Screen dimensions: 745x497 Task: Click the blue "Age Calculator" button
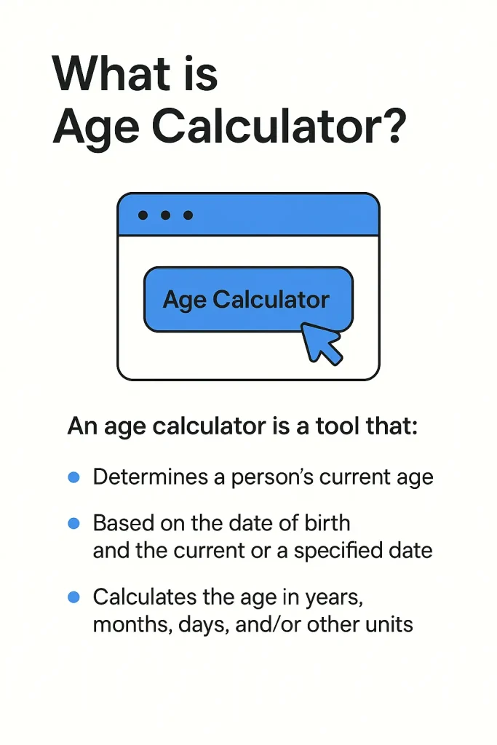click(x=247, y=300)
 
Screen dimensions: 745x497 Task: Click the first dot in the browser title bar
click(x=143, y=215)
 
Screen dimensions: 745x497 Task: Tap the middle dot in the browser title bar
click(x=165, y=215)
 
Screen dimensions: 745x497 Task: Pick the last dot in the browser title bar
click(x=188, y=215)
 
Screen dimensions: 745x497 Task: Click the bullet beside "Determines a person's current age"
click(x=73, y=477)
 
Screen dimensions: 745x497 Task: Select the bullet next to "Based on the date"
click(x=73, y=523)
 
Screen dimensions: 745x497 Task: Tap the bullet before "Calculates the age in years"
click(x=73, y=597)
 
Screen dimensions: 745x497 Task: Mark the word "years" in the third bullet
click(x=333, y=598)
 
